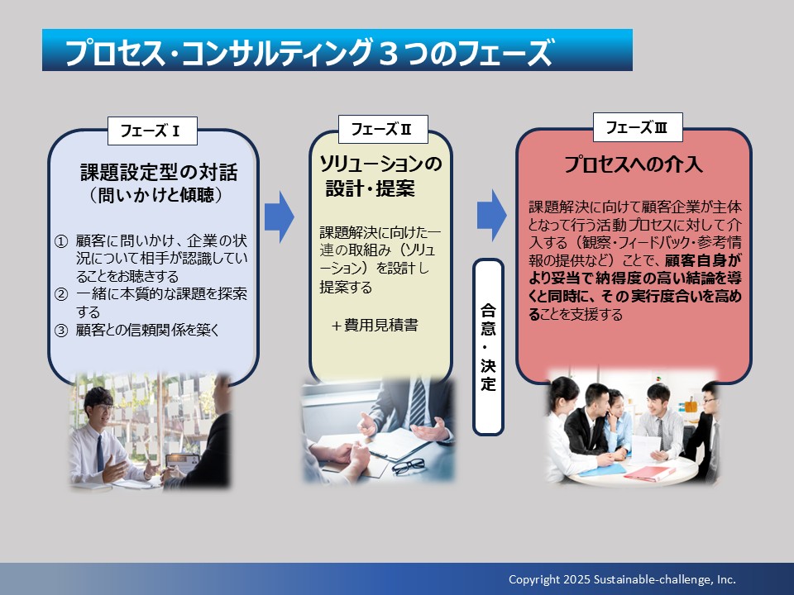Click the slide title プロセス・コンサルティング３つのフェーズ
[x=309, y=52]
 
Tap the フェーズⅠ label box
[x=152, y=131]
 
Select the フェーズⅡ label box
[x=383, y=129]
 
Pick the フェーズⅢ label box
[x=638, y=127]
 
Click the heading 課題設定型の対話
[x=159, y=172]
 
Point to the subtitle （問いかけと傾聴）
[x=156, y=195]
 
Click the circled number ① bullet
[x=60, y=241]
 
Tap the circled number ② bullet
[x=60, y=294]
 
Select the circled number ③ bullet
[x=60, y=331]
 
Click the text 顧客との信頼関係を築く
[x=148, y=330]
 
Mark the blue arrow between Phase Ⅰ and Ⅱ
[x=279, y=217]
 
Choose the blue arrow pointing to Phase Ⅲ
[x=491, y=216]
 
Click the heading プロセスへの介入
[x=634, y=164]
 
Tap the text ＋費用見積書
[x=375, y=325]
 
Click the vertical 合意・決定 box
[x=488, y=347]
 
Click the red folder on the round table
[x=649, y=474]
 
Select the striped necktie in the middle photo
[x=418, y=402]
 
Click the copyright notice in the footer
[x=622, y=579]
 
